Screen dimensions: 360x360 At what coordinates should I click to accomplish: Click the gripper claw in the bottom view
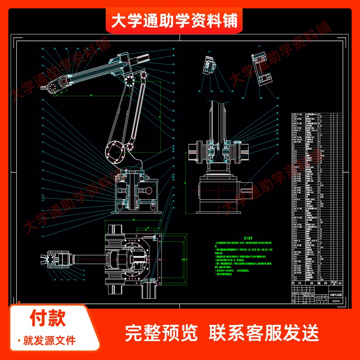(47, 259)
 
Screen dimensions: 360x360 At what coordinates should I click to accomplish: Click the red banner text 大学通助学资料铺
(175, 20)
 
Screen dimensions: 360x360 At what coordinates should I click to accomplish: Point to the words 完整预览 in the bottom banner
(162, 333)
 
